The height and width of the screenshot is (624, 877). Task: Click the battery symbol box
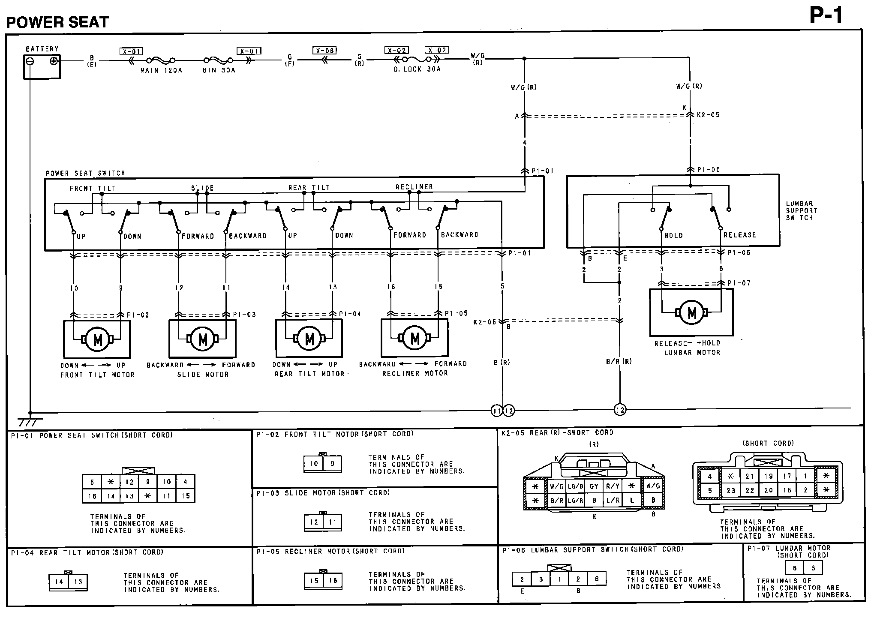(42, 66)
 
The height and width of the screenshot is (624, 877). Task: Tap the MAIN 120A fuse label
(161, 70)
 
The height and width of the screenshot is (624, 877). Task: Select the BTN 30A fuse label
(219, 70)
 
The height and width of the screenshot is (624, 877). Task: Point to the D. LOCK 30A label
(417, 69)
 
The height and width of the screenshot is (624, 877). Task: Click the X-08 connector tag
(324, 51)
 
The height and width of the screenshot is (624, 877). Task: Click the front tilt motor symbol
(97, 339)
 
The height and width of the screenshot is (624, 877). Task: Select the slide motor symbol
(203, 339)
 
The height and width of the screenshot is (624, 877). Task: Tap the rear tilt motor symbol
(309, 339)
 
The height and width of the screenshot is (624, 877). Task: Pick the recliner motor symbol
(414, 338)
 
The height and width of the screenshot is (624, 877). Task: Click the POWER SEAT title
(57, 22)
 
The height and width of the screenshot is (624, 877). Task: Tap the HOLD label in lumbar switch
(673, 235)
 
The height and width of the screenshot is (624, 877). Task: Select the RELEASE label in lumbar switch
(740, 235)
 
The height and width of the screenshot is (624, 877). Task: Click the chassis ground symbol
(30, 420)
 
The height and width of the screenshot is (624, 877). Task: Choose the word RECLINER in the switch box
(414, 187)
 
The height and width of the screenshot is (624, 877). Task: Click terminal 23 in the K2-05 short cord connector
(731, 490)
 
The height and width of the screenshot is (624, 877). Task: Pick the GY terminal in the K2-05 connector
(594, 486)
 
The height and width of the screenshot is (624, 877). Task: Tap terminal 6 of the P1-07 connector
(794, 568)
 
